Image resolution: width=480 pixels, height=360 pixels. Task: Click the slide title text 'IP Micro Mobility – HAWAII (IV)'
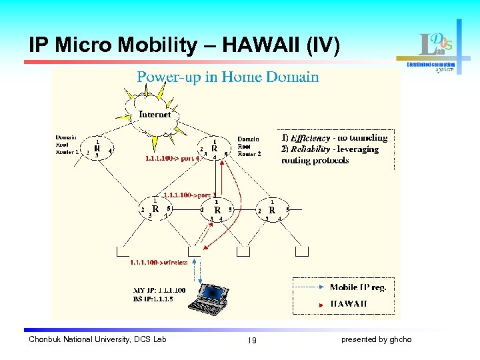click(x=184, y=45)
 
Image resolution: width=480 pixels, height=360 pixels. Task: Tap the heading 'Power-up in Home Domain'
click(x=227, y=77)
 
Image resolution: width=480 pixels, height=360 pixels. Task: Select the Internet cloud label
click(x=155, y=114)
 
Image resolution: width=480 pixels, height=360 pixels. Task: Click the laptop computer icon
click(x=211, y=299)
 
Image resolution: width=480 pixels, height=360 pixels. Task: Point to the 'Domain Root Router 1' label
click(x=67, y=145)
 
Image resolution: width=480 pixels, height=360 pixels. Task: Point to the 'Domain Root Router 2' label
click(x=249, y=146)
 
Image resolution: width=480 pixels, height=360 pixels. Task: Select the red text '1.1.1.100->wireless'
click(x=159, y=263)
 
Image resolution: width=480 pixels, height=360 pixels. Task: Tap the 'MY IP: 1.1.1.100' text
click(x=159, y=291)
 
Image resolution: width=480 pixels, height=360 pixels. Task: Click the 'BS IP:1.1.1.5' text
click(x=154, y=299)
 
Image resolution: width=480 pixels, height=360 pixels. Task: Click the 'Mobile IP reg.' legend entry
click(x=357, y=287)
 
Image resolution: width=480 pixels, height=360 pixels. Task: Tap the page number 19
click(x=251, y=341)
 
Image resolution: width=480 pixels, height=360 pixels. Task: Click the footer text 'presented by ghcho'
click(x=376, y=340)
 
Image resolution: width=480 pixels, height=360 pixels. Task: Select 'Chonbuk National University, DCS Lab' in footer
click(x=97, y=340)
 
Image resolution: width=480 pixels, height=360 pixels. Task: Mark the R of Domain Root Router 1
click(x=97, y=149)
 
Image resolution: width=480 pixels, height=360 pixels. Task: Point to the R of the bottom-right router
click(x=272, y=210)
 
